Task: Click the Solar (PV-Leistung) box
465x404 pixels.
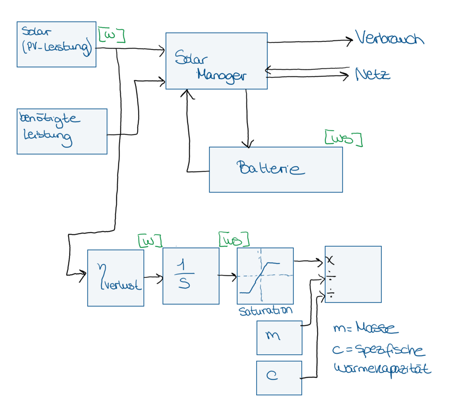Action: click(56, 44)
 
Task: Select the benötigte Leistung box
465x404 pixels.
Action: click(62, 131)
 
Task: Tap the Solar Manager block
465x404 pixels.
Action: click(216, 61)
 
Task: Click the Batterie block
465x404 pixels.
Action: click(275, 169)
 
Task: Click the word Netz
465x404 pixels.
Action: click(372, 74)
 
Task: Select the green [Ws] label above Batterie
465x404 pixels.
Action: click(343, 139)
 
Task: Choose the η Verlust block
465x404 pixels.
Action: click(115, 278)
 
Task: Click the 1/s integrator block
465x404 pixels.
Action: click(191, 276)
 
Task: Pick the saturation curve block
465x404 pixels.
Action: click(265, 276)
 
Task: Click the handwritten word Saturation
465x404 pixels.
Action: click(266, 310)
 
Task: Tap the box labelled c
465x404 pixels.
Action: click(279, 377)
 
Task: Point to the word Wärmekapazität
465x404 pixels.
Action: click(382, 369)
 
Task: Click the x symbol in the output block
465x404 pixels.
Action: click(330, 259)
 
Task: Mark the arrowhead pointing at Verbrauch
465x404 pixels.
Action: click(350, 41)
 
